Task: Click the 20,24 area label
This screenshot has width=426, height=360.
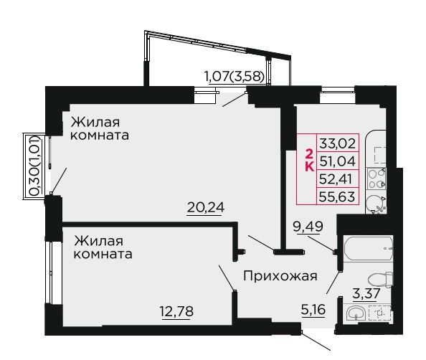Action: tap(206, 207)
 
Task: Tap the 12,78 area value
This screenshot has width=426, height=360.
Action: tap(176, 311)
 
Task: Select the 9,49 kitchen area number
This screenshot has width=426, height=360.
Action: tap(308, 226)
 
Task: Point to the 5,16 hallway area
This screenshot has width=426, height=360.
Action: tap(313, 309)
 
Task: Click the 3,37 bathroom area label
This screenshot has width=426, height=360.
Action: tap(366, 294)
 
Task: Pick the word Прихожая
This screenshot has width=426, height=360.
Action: tap(280, 276)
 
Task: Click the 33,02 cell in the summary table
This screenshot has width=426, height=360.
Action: tap(338, 143)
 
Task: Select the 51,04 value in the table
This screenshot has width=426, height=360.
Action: tap(338, 161)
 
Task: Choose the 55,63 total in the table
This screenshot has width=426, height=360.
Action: tap(337, 196)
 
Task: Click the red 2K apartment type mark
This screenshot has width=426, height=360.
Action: tap(309, 161)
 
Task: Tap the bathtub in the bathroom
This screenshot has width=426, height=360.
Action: tap(368, 249)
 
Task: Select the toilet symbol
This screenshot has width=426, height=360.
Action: tap(380, 280)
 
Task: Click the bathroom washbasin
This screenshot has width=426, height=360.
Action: tap(356, 313)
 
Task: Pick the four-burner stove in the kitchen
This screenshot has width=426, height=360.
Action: tap(377, 179)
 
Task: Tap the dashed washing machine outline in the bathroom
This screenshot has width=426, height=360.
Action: tap(380, 313)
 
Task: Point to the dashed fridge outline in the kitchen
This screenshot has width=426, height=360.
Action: tap(380, 156)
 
